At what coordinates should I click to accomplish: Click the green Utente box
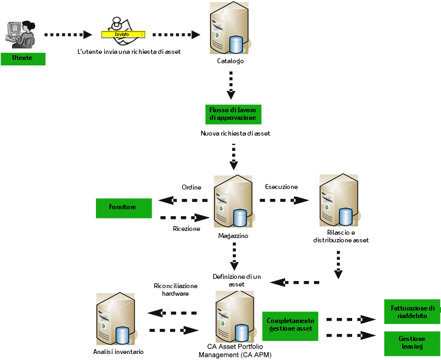(22, 58)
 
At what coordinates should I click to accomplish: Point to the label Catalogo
(230, 61)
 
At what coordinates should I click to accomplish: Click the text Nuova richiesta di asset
(235, 133)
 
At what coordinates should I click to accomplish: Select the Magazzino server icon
(233, 202)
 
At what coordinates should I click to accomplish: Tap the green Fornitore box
(124, 208)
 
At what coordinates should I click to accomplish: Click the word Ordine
(191, 187)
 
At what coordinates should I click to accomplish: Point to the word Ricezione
(186, 229)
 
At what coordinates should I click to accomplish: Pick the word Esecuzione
(281, 187)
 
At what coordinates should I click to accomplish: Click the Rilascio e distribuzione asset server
(340, 200)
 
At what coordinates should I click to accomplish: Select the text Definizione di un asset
(237, 280)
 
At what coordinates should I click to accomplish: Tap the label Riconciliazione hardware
(176, 289)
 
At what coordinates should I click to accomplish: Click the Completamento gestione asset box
(290, 325)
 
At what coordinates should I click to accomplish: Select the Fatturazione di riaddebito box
(412, 312)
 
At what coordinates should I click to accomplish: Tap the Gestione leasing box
(412, 343)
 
